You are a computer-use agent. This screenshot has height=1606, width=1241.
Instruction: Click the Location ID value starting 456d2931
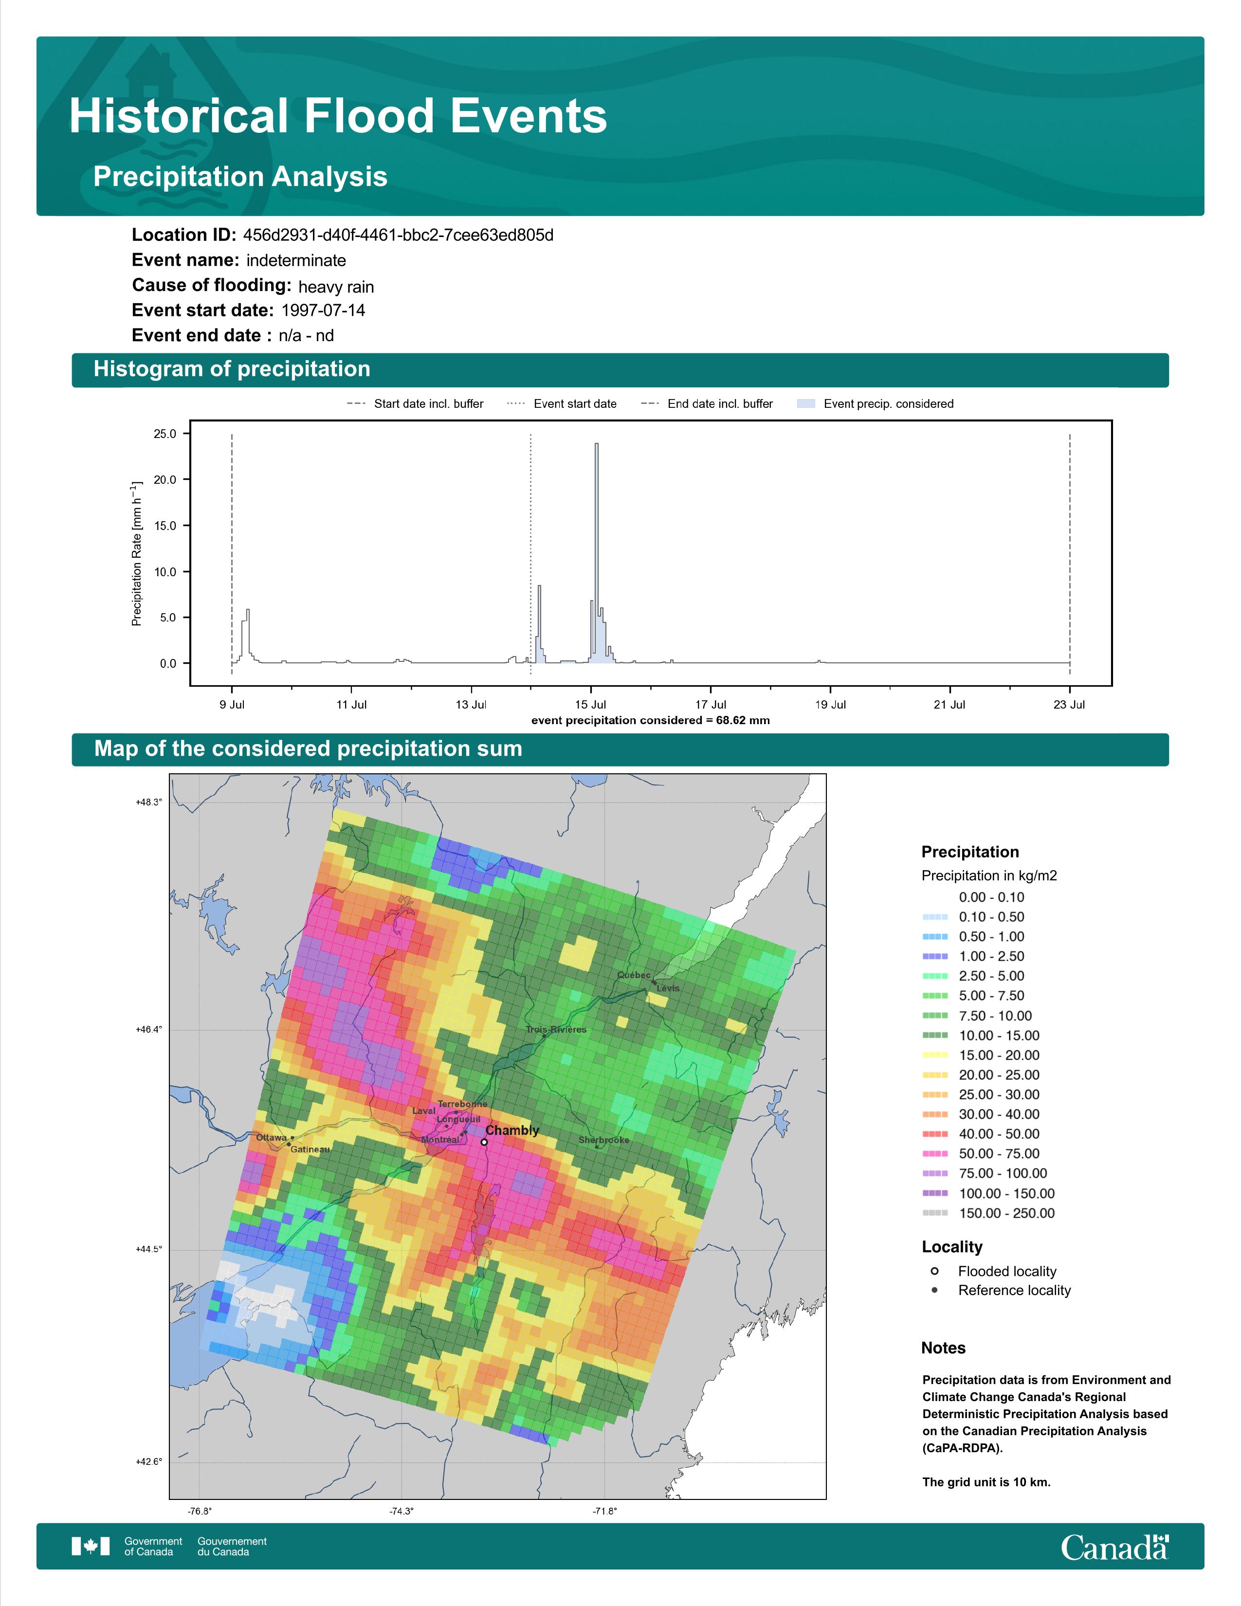pos(398,236)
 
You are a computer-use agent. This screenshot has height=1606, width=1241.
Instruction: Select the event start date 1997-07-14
pos(323,310)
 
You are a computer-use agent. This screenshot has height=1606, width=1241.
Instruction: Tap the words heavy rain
pos(336,287)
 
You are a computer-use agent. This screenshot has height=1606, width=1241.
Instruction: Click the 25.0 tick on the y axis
pos(164,434)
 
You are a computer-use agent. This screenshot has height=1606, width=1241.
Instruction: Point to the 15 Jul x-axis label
pos(591,705)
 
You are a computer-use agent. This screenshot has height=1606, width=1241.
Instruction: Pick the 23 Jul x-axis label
pos(1069,705)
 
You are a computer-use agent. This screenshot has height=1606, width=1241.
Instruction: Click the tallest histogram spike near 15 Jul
pos(596,551)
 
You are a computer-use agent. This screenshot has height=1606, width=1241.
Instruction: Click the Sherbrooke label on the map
pos(603,1141)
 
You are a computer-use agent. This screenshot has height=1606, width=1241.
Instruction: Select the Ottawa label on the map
pos(271,1138)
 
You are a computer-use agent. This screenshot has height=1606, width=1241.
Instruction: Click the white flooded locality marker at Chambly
pos(484,1142)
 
